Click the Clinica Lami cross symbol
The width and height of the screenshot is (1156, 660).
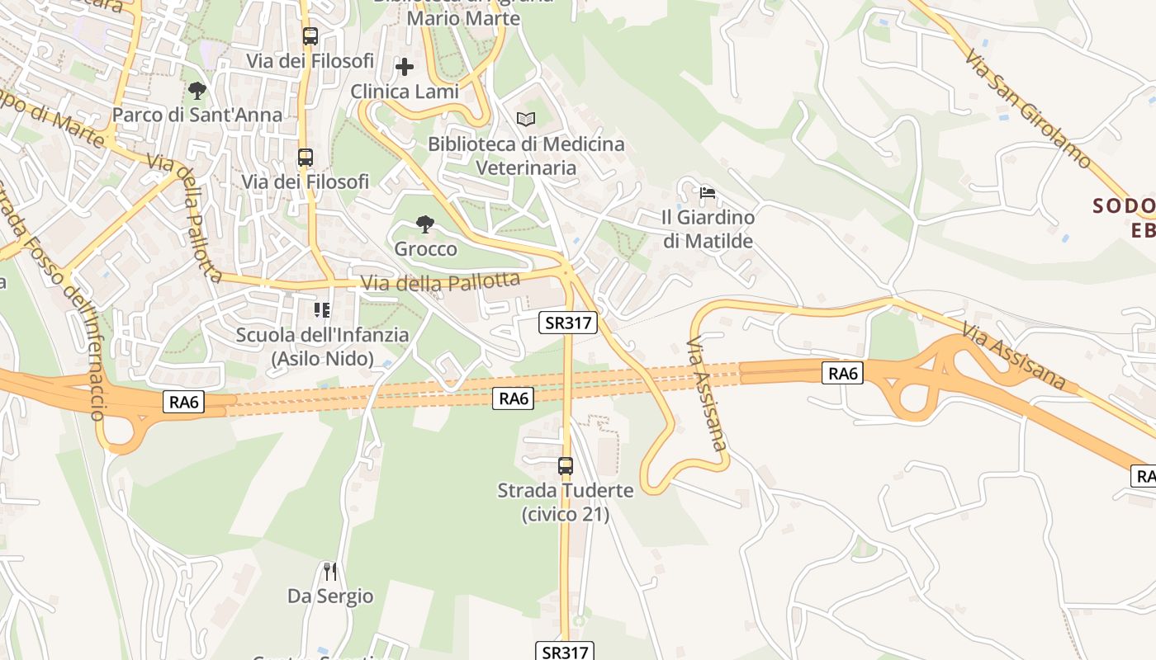point(405,66)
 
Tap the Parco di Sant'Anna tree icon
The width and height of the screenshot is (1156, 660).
point(197,90)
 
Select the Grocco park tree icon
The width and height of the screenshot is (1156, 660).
point(425,224)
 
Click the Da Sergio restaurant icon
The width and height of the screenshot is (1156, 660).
point(330,571)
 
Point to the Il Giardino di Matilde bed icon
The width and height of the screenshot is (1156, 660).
point(708,194)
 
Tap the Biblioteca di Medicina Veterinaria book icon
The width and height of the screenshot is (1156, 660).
point(526,119)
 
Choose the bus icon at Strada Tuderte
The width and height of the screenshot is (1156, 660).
point(566,466)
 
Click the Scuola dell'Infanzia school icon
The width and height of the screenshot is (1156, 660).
point(322,310)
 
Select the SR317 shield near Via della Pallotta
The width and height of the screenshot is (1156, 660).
point(568,323)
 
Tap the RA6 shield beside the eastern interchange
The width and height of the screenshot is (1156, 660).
point(843,374)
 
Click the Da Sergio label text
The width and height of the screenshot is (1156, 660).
point(330,596)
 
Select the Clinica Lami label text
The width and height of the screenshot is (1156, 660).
point(405,91)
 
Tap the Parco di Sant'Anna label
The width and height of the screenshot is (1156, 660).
point(197,115)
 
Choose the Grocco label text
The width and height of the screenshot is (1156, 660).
point(425,248)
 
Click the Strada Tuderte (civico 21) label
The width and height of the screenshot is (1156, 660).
point(566,502)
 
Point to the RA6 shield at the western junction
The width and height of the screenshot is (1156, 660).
point(184,402)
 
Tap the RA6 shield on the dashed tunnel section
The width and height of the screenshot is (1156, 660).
point(514,398)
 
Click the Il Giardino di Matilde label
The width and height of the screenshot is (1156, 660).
point(708,229)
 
